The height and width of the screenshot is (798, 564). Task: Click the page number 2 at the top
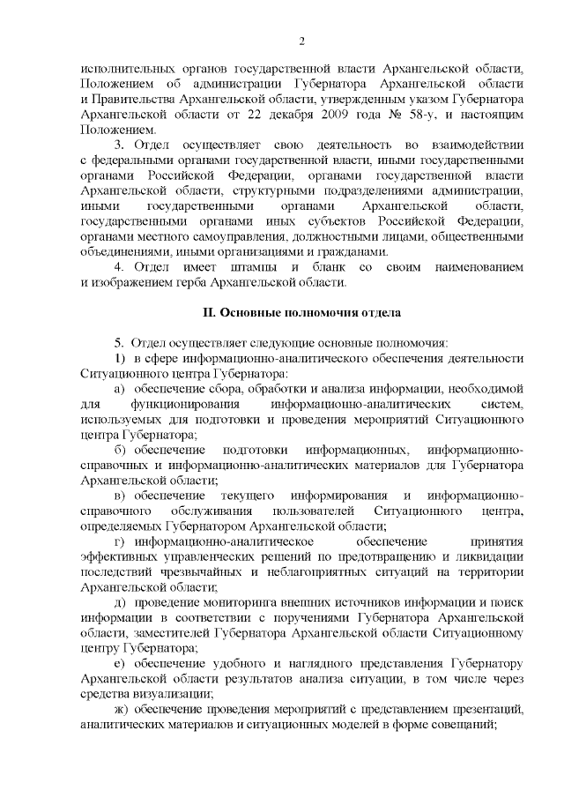pyautogui.click(x=301, y=41)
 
